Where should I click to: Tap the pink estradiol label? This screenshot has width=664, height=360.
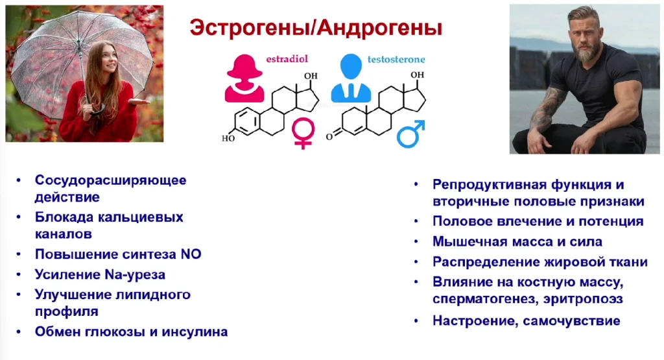(287, 59)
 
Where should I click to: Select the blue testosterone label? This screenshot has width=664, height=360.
(396, 59)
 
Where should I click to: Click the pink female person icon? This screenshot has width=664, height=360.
(244, 78)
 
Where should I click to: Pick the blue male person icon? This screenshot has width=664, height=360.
(351, 78)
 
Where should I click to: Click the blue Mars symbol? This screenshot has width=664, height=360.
(410, 134)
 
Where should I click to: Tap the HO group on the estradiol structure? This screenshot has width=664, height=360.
(228, 138)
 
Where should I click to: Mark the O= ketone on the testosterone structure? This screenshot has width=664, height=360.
(330, 136)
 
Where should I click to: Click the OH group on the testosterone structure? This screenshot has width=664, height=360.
(417, 75)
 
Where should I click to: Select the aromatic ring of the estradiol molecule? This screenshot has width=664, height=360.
(247, 121)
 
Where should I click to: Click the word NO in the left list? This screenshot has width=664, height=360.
(191, 254)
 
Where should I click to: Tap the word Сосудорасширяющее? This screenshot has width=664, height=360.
(110, 180)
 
